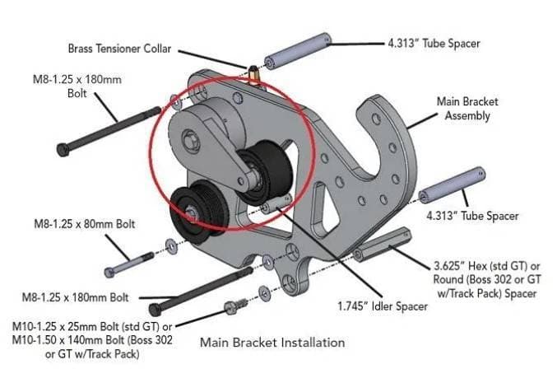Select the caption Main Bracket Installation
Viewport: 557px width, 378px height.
point(273,342)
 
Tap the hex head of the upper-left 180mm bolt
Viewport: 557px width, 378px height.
point(63,148)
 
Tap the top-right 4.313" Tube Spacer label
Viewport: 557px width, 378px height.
point(433,43)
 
